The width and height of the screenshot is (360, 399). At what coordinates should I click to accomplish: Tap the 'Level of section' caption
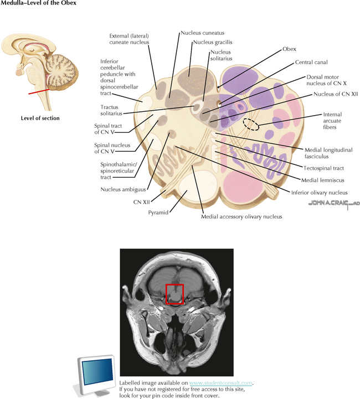click(x=40, y=118)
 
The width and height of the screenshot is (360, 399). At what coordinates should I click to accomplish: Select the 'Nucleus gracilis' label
click(x=212, y=42)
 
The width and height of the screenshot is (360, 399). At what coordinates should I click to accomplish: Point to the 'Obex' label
click(x=289, y=49)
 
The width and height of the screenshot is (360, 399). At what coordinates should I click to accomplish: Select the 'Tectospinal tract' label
click(x=325, y=167)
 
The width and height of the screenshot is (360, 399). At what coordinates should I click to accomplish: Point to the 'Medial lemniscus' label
click(x=323, y=180)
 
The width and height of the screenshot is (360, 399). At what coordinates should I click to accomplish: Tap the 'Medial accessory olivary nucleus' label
click(x=241, y=216)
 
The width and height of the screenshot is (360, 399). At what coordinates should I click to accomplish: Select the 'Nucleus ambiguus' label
click(x=122, y=189)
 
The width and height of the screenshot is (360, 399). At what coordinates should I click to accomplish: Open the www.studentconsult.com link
click(x=221, y=382)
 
